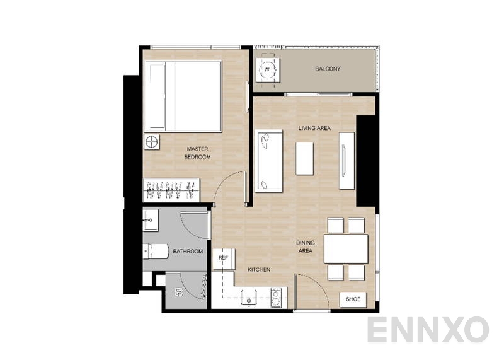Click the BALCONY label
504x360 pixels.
click(328, 69)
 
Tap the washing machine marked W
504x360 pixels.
click(268, 69)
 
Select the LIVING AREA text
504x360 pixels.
click(314, 128)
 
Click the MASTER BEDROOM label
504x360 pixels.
click(197, 153)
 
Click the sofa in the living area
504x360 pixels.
click(268, 161)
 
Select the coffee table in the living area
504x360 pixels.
click(305, 158)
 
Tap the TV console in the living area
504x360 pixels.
click(346, 161)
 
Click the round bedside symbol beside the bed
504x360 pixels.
click(152, 142)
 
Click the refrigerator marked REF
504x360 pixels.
click(223, 259)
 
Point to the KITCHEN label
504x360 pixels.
click(259, 270)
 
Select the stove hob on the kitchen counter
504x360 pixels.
click(275, 298)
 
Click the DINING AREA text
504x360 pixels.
click(306, 247)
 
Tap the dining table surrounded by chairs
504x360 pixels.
click(346, 249)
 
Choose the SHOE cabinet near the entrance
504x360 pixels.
click(352, 299)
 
